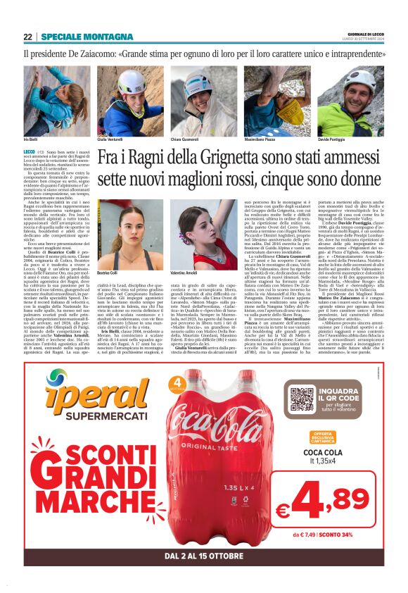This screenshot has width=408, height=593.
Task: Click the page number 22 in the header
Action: (27, 37)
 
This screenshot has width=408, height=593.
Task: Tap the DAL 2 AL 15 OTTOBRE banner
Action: (203, 556)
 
